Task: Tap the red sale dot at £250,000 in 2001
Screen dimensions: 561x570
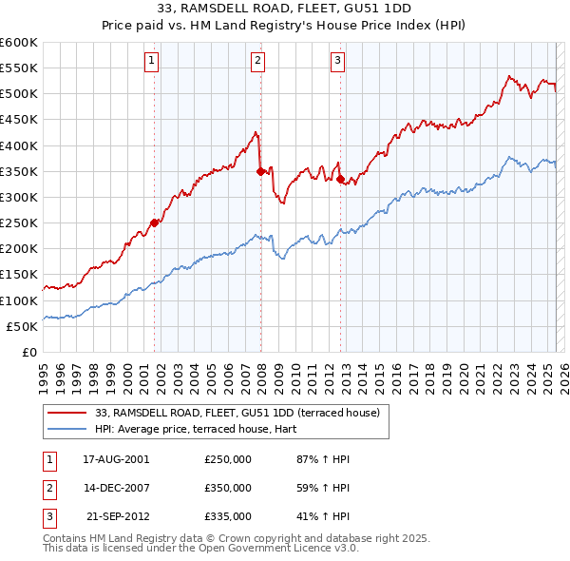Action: [154, 222]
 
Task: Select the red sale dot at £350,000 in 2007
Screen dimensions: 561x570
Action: [260, 171]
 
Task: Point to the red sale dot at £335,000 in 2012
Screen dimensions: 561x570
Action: [340, 179]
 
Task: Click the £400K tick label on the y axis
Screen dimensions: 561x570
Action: [19, 145]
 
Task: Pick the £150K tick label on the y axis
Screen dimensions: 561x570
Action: [19, 275]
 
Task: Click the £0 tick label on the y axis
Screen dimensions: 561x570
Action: [28, 352]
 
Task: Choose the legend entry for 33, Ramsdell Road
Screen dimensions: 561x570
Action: [237, 413]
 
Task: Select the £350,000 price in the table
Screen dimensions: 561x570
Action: [228, 488]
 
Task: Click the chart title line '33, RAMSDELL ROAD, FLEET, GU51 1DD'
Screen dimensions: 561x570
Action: [285, 12]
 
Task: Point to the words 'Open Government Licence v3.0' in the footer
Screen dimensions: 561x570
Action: [282, 549]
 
